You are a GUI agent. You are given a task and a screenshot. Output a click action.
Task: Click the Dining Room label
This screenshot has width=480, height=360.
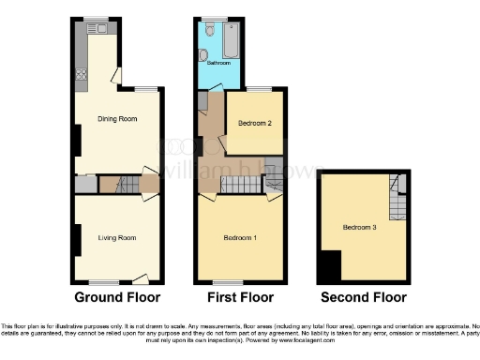(x=118, y=119)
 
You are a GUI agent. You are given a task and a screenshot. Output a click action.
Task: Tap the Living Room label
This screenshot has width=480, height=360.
(x=117, y=238)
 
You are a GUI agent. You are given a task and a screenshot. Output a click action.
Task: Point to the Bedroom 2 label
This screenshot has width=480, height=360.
(x=255, y=123)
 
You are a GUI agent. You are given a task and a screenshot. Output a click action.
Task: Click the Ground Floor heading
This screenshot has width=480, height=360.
(x=116, y=297)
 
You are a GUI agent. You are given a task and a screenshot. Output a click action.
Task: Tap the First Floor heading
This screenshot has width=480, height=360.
(x=240, y=297)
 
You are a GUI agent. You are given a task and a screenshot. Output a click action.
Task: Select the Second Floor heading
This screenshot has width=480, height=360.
(x=364, y=297)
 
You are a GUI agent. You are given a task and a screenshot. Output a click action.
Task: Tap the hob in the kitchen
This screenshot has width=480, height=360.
(x=81, y=76)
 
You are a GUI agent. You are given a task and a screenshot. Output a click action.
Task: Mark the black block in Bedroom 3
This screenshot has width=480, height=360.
(x=328, y=268)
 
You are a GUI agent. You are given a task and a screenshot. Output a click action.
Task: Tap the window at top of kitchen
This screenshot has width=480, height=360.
(x=96, y=18)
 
